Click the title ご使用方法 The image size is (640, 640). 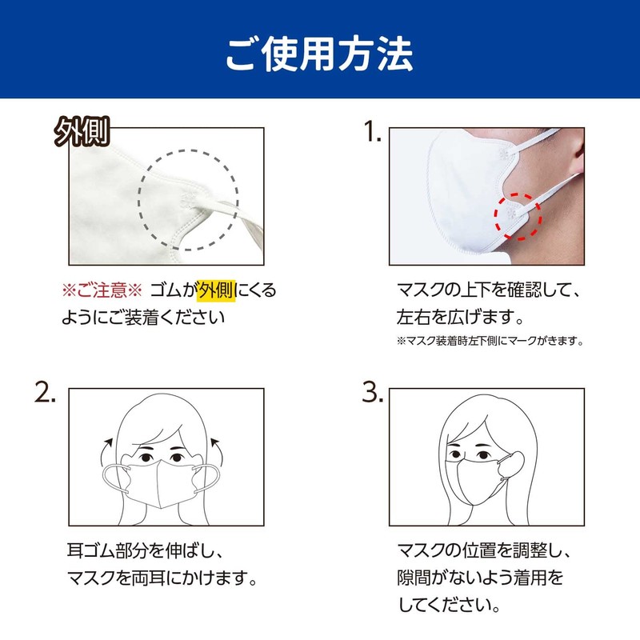(319, 50)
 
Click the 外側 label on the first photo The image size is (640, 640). (82, 130)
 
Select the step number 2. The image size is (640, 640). (46, 393)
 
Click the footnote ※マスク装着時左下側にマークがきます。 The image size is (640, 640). (489, 341)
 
